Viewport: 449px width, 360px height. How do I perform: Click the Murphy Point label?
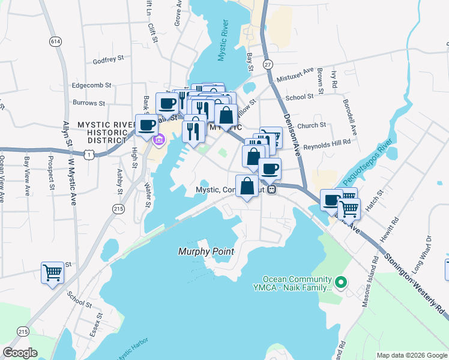(206, 251)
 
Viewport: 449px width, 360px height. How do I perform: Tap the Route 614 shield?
(56, 41)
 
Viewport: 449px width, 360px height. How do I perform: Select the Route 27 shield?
(268, 64)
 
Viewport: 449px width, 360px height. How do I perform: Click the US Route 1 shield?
(89, 155)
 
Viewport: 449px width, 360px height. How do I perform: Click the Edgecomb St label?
(92, 85)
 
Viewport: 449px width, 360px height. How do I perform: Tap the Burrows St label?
(88, 103)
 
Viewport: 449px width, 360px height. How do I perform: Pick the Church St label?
(311, 125)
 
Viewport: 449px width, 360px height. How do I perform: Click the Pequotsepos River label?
(366, 163)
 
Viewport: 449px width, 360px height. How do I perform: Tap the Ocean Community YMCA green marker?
(341, 281)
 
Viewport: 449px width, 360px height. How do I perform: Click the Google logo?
(20, 353)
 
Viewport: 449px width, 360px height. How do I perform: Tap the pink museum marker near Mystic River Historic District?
(158, 140)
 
